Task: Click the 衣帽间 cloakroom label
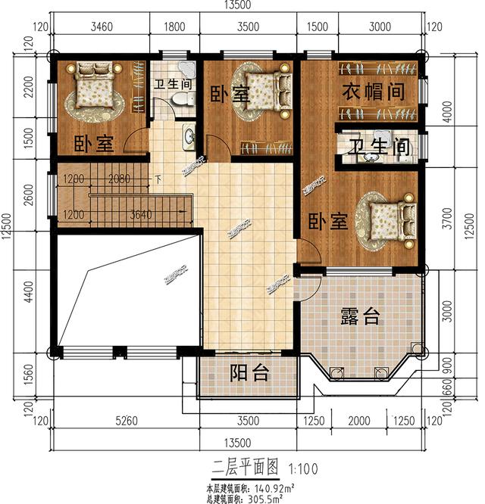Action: point(371,92)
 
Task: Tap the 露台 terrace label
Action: point(360,317)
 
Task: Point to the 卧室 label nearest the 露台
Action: point(327,222)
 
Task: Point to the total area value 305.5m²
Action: point(261,498)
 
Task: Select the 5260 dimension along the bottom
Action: point(120,420)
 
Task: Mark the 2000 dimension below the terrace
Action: point(361,420)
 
